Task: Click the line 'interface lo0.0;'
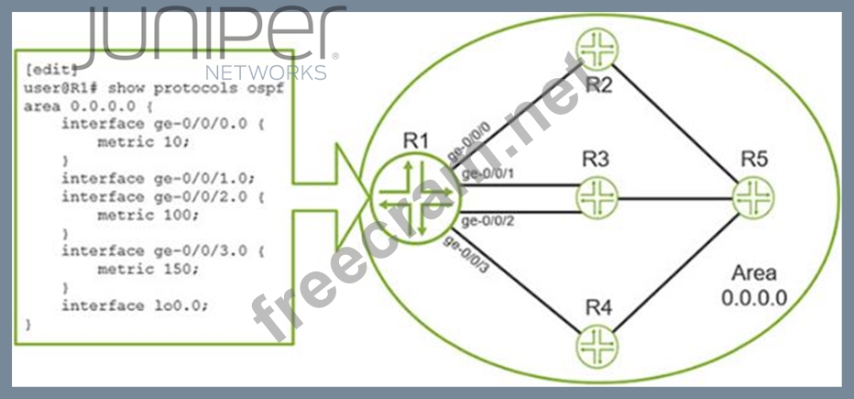[135, 305]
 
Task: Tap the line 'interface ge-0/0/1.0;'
[157, 178]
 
